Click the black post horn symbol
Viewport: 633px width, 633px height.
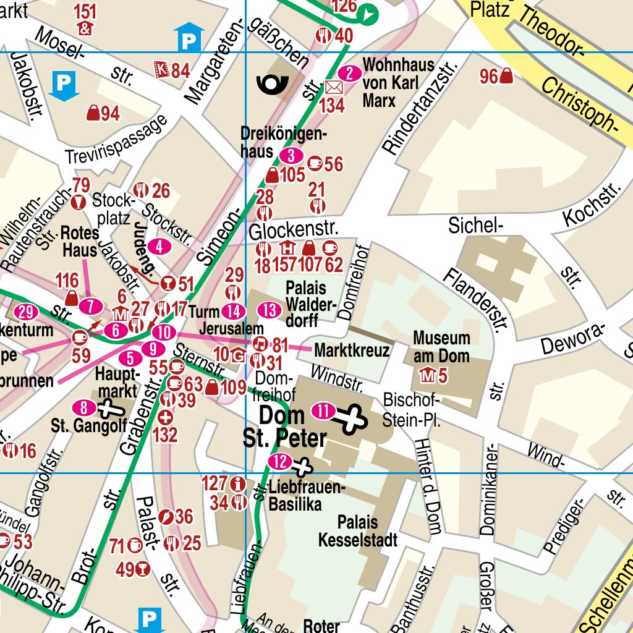point(272,83)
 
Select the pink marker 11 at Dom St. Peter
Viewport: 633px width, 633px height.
point(324,410)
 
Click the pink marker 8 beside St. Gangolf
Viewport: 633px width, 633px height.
point(84,407)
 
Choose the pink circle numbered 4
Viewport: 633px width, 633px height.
point(160,247)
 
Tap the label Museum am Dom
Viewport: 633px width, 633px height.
point(441,347)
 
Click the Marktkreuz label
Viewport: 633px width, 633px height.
point(352,350)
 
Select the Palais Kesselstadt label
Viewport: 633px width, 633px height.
point(357,531)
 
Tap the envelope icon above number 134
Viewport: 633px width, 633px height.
point(334,87)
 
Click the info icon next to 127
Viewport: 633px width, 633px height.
point(237,483)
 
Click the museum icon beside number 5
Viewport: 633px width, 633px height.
point(426,375)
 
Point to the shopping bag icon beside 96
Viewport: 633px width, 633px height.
point(506,77)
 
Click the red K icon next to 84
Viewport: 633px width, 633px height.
point(161,70)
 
